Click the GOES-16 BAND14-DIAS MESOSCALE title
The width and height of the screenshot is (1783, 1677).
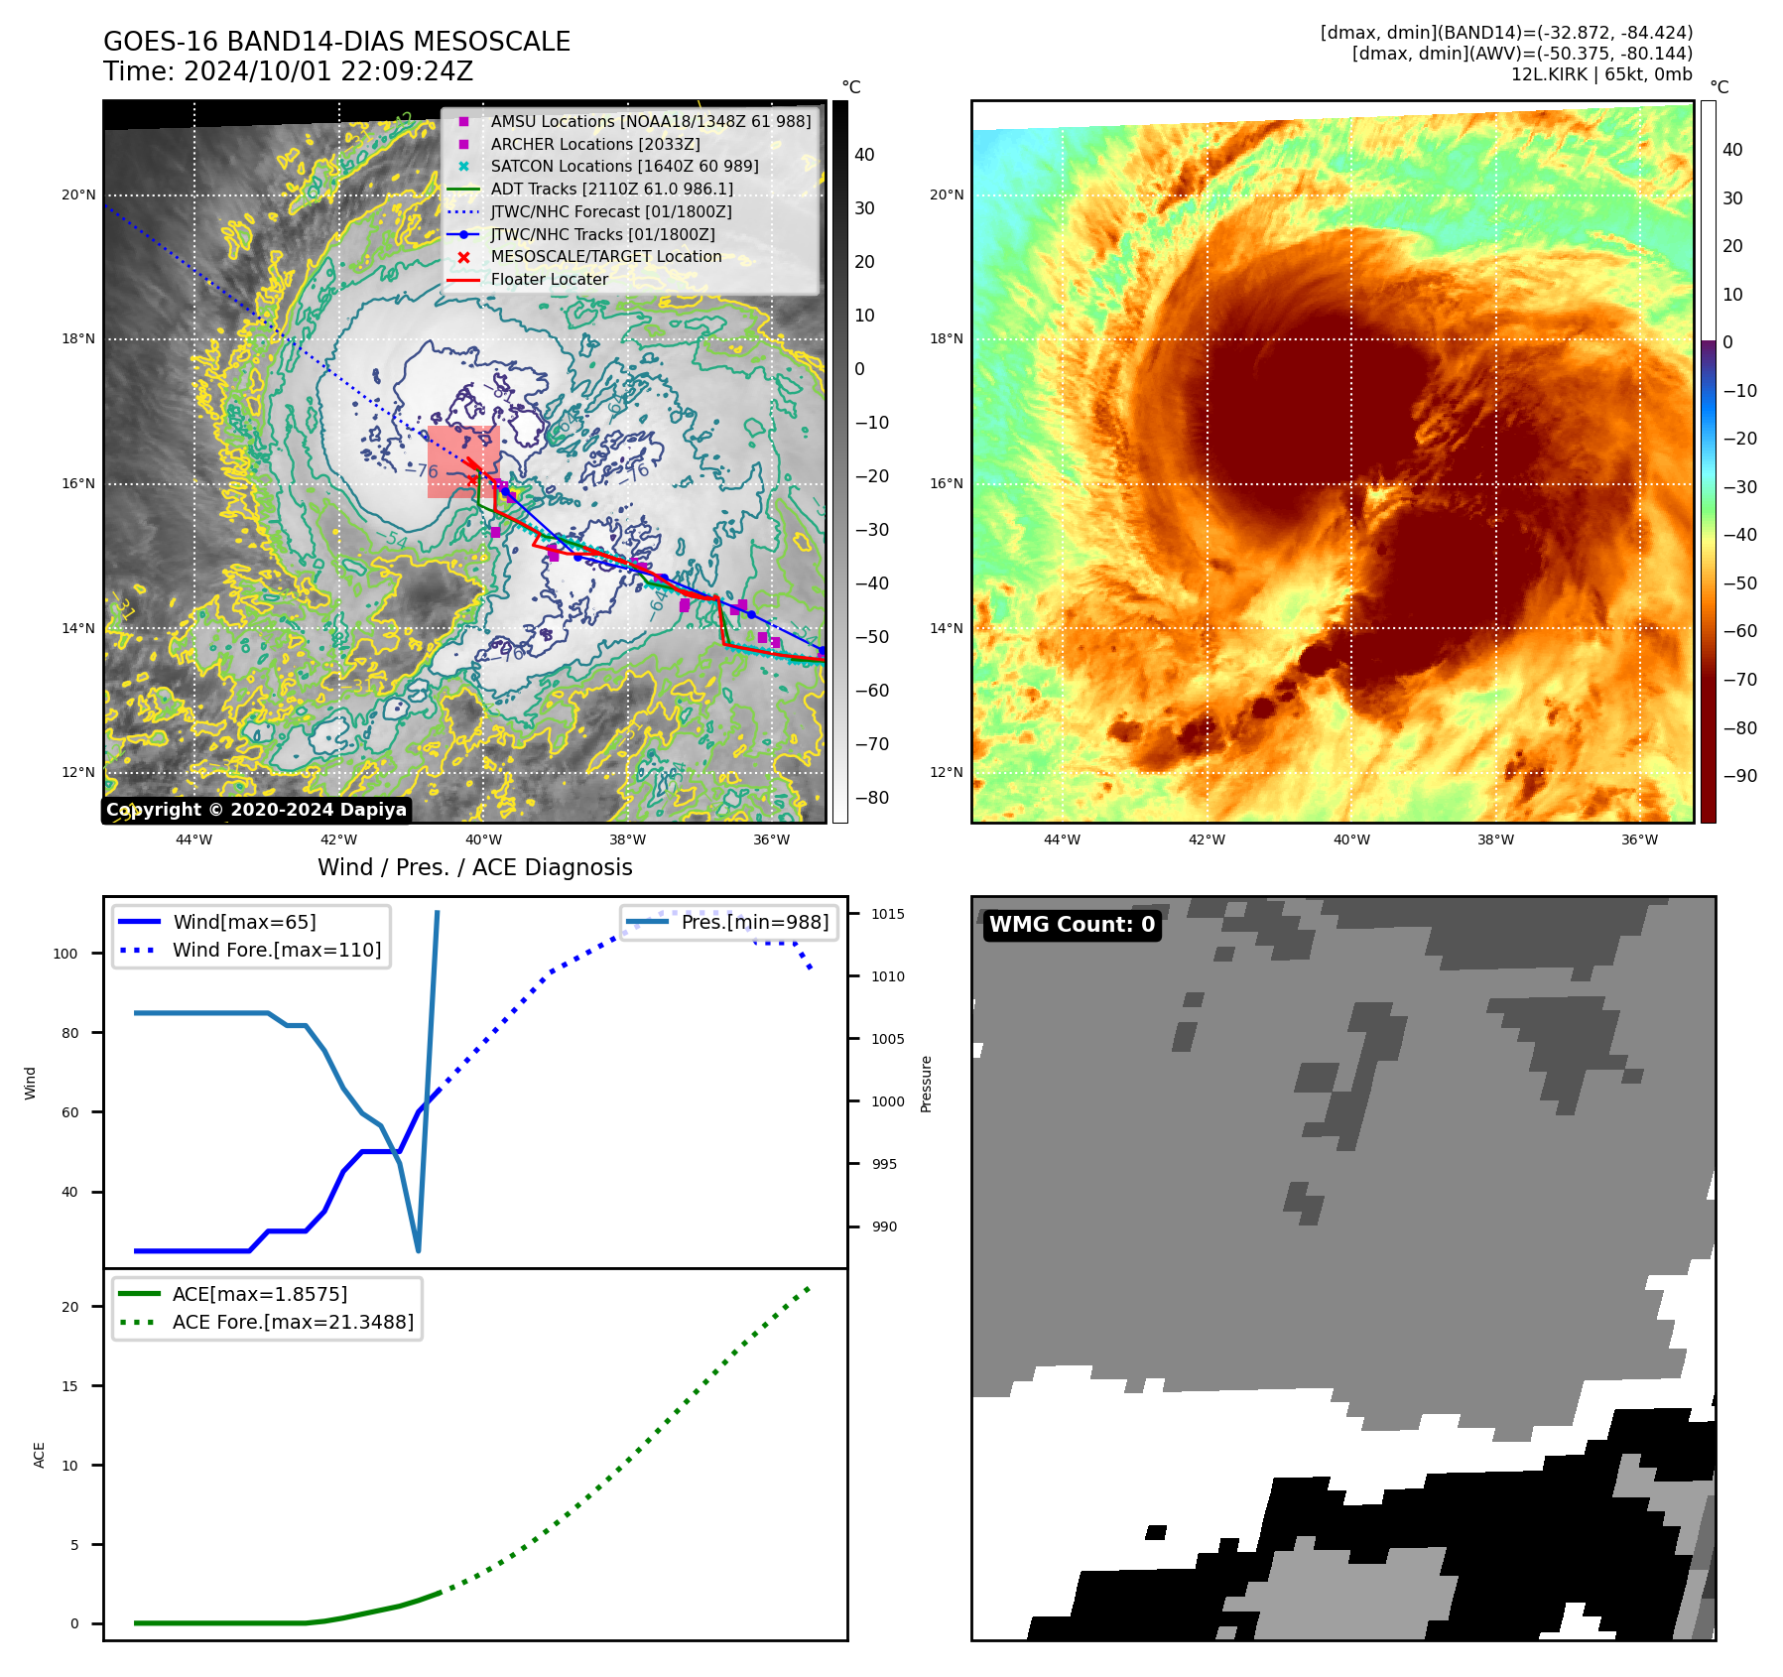tap(336, 42)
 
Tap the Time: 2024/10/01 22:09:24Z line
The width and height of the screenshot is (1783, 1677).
tap(288, 71)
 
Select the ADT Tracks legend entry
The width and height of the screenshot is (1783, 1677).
tap(611, 189)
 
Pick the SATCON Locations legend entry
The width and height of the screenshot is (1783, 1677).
tap(624, 166)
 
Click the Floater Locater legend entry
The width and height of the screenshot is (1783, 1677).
tap(549, 279)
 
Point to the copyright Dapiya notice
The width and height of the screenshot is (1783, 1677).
tap(256, 810)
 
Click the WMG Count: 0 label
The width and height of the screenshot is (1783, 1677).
tap(1072, 925)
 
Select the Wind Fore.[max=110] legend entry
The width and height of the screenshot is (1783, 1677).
tap(276, 950)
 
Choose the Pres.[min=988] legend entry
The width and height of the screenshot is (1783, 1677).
tap(754, 922)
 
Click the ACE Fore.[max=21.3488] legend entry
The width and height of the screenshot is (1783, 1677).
tap(293, 1322)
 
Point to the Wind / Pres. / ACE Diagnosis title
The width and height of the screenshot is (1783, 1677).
tap(474, 867)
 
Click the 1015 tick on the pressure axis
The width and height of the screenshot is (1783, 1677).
tap(888, 914)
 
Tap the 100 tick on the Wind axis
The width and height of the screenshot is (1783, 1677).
tap(64, 954)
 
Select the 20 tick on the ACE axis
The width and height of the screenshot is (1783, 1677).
tap(69, 1307)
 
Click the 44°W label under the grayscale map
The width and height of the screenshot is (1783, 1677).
tap(193, 839)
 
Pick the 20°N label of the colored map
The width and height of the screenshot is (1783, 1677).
tap(946, 194)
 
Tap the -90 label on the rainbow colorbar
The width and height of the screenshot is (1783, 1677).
tap(1739, 776)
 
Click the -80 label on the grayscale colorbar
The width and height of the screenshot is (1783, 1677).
tap(872, 798)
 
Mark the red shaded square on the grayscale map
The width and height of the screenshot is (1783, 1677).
tap(462, 461)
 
